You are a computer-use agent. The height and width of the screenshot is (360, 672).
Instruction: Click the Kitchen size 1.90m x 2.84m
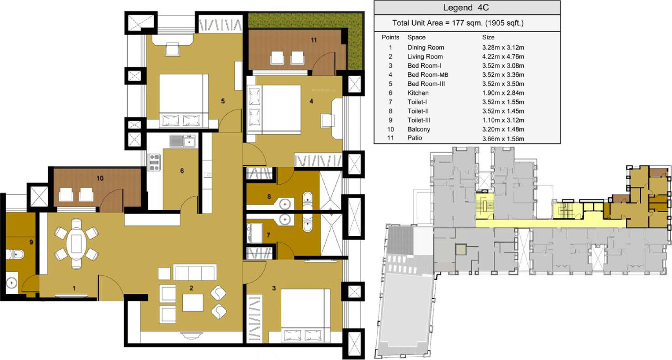pos(503,93)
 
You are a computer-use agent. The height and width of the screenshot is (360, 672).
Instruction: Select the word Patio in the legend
pos(414,138)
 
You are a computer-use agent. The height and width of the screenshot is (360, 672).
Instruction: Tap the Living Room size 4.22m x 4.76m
pos(503,57)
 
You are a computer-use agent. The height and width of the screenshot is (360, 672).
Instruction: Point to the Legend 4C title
pos(466,8)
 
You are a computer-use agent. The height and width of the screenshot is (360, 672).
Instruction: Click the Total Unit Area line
pos(458,23)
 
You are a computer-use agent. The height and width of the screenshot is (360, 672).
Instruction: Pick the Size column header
pos(488,37)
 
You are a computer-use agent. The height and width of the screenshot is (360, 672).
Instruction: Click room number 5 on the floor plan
pos(223,101)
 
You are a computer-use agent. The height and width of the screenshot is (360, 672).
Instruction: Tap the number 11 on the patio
pos(314,40)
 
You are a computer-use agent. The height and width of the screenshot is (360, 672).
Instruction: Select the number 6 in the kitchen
pos(182,171)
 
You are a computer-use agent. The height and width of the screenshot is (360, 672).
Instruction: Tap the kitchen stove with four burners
pos(154,162)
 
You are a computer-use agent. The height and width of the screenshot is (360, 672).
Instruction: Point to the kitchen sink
pos(183,141)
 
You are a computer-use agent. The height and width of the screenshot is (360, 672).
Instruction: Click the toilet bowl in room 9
pos(15,255)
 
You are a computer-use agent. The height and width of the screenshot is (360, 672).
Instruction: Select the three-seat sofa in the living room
pos(195,272)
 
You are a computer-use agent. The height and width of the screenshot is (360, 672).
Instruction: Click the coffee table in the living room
pos(193,302)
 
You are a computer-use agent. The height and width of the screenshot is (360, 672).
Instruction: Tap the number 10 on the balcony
pos(100,178)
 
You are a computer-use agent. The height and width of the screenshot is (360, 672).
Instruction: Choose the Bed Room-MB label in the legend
pos(427,75)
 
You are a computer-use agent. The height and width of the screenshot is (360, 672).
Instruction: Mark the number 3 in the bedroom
pos(274,288)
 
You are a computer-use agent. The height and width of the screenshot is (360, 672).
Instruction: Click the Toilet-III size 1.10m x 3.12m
pos(503,120)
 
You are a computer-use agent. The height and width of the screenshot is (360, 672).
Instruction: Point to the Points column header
pos(390,37)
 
